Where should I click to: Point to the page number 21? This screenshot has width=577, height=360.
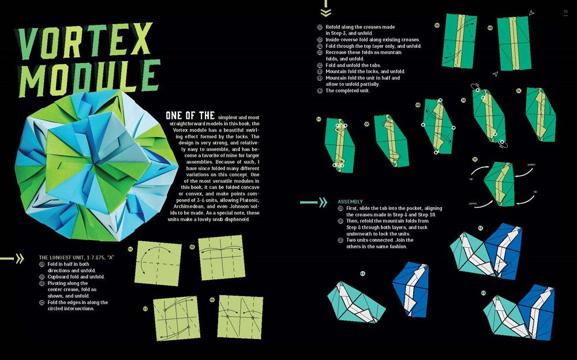(x=566, y=9)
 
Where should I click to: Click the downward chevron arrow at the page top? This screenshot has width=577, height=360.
(x=326, y=11)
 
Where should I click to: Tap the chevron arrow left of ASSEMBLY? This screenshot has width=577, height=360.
(x=314, y=202)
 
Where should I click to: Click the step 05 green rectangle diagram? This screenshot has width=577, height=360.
(x=459, y=41)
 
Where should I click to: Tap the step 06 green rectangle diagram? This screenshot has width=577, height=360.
(x=514, y=43)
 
